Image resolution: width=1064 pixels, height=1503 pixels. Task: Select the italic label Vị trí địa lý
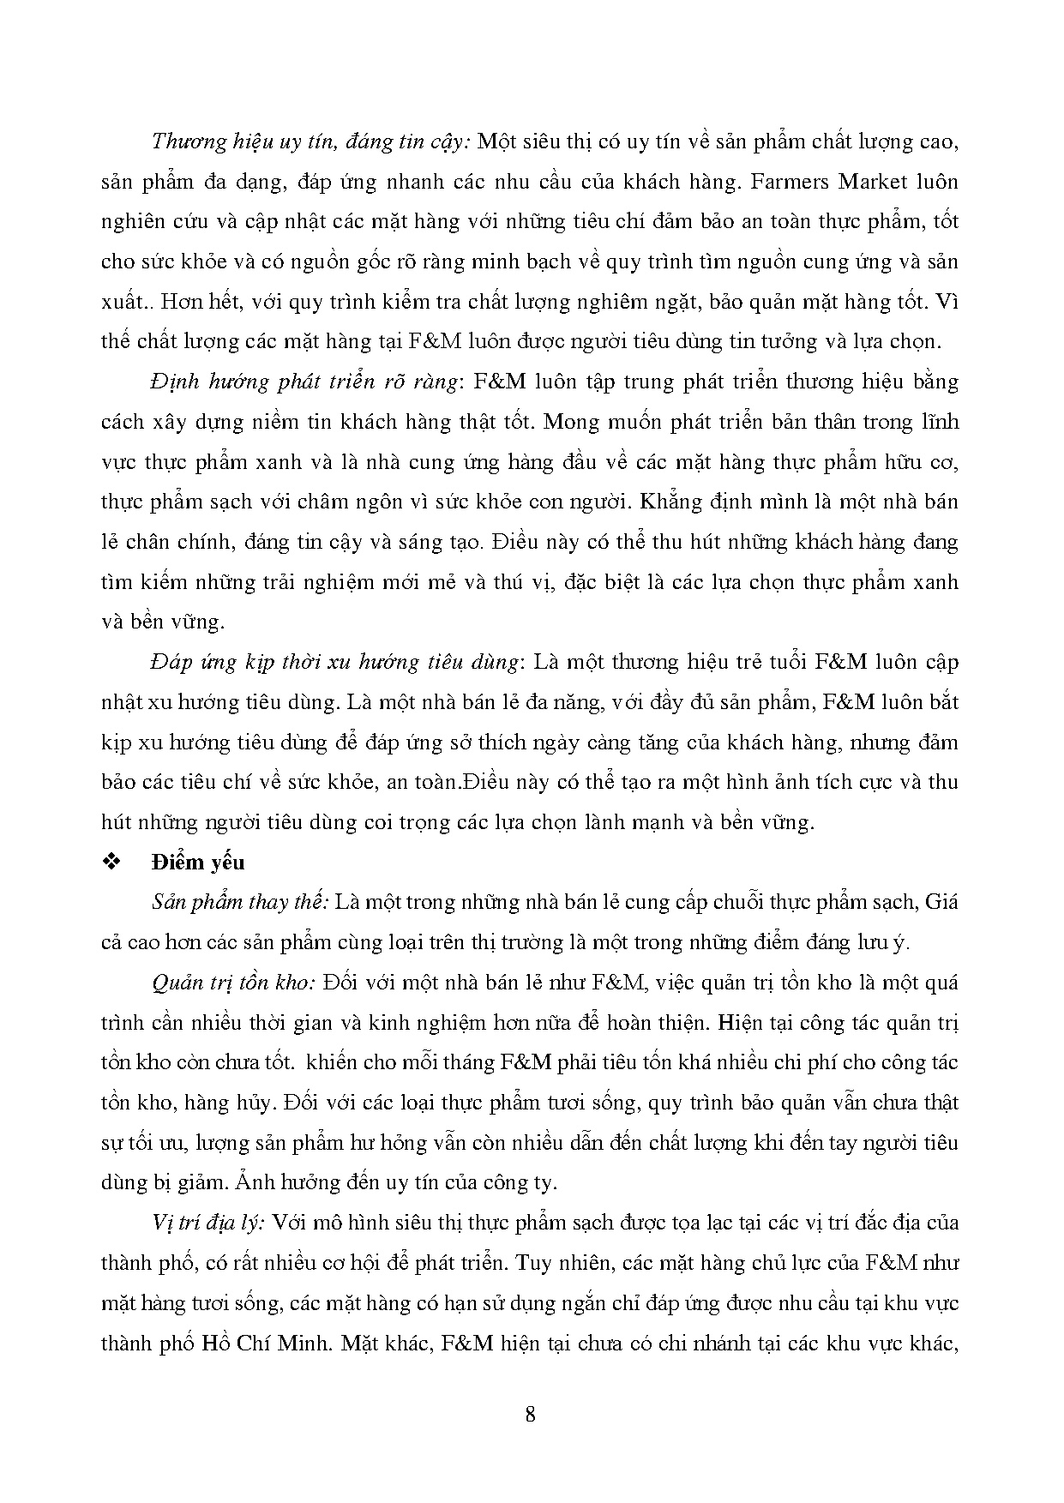pos(207,1223)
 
